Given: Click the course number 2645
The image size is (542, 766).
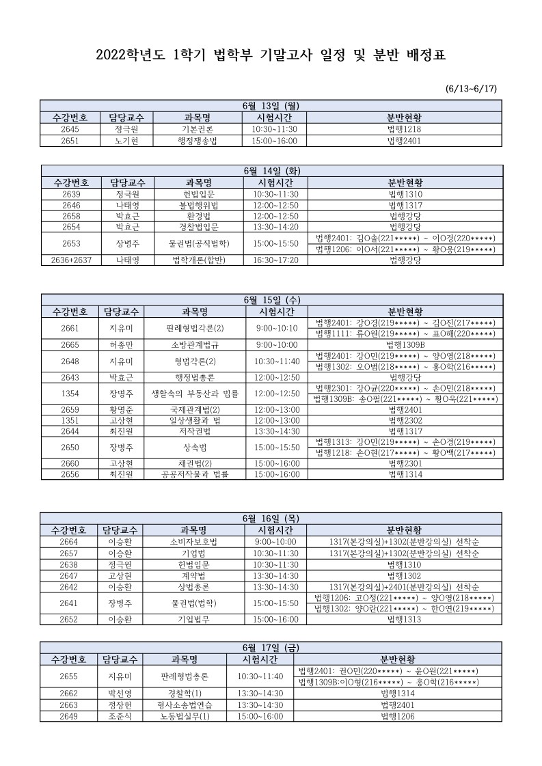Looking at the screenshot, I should point(70,129).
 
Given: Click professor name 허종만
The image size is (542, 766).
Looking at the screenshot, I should point(122,344).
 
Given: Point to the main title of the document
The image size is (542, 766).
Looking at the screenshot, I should point(271,55).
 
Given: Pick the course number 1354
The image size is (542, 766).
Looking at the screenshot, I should point(70,394).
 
